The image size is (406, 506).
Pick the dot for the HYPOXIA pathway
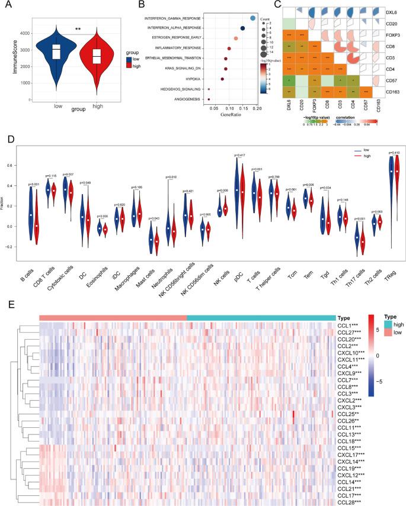coord(222,78)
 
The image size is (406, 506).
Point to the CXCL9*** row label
coord(349,373)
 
